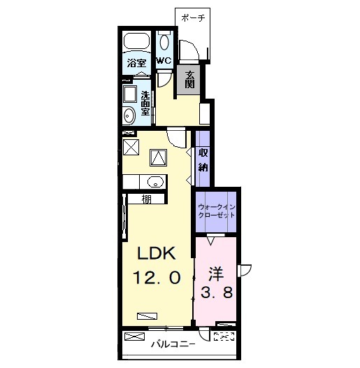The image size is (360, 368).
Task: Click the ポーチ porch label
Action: point(193,17)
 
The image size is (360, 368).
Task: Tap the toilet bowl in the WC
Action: point(164,42)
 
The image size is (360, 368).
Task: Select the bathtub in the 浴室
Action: point(137,41)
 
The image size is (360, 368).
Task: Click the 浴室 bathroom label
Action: point(137,63)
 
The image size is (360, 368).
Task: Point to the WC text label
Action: point(164,61)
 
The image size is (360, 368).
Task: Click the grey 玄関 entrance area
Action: point(189,80)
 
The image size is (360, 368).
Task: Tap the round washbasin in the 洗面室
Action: point(129,115)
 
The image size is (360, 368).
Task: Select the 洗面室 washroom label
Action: point(145,104)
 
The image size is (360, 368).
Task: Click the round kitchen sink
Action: point(155,182)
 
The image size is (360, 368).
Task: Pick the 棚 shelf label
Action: point(146,199)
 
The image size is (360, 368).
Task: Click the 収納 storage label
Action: point(203,160)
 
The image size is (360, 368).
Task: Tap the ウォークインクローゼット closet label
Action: point(216,211)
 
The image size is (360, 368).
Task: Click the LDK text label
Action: point(157,253)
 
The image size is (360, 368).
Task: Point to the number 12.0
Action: point(157,277)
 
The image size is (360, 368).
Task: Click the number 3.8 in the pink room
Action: point(217,292)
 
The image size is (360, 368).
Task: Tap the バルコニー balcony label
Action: point(173,344)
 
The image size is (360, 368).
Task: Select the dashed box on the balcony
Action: point(224,337)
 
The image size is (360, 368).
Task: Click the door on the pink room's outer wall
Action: point(245,271)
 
